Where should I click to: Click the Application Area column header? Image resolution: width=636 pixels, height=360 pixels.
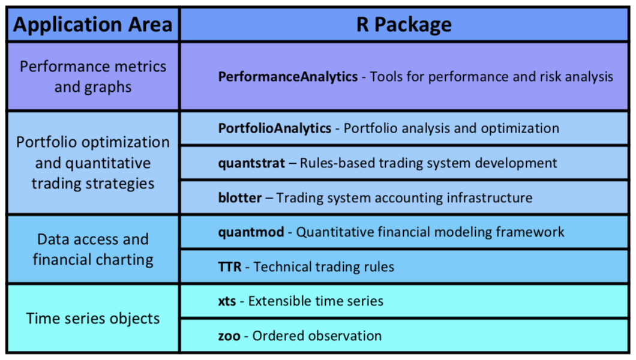click(x=93, y=25)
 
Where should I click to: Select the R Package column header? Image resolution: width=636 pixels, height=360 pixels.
click(x=404, y=25)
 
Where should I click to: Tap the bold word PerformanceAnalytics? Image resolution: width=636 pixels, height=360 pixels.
click(x=288, y=77)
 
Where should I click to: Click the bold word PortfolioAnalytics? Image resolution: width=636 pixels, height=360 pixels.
click(x=275, y=128)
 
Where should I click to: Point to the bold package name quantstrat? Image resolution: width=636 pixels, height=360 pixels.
click(x=251, y=163)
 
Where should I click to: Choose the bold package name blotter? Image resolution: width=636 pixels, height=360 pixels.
click(x=240, y=198)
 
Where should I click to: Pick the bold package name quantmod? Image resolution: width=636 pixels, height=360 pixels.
click(x=251, y=232)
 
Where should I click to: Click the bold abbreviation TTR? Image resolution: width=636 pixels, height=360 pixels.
click(x=230, y=267)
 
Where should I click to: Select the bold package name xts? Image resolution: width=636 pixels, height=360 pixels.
click(x=227, y=301)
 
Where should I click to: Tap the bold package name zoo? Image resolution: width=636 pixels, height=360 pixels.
click(x=229, y=336)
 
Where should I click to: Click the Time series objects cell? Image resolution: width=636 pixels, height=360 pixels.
click(x=93, y=319)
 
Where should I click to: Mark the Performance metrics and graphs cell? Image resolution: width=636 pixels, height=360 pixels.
click(x=93, y=77)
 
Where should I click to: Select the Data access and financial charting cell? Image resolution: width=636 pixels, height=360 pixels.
click(x=93, y=250)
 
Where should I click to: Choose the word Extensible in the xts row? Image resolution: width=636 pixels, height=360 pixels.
click(x=280, y=301)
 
